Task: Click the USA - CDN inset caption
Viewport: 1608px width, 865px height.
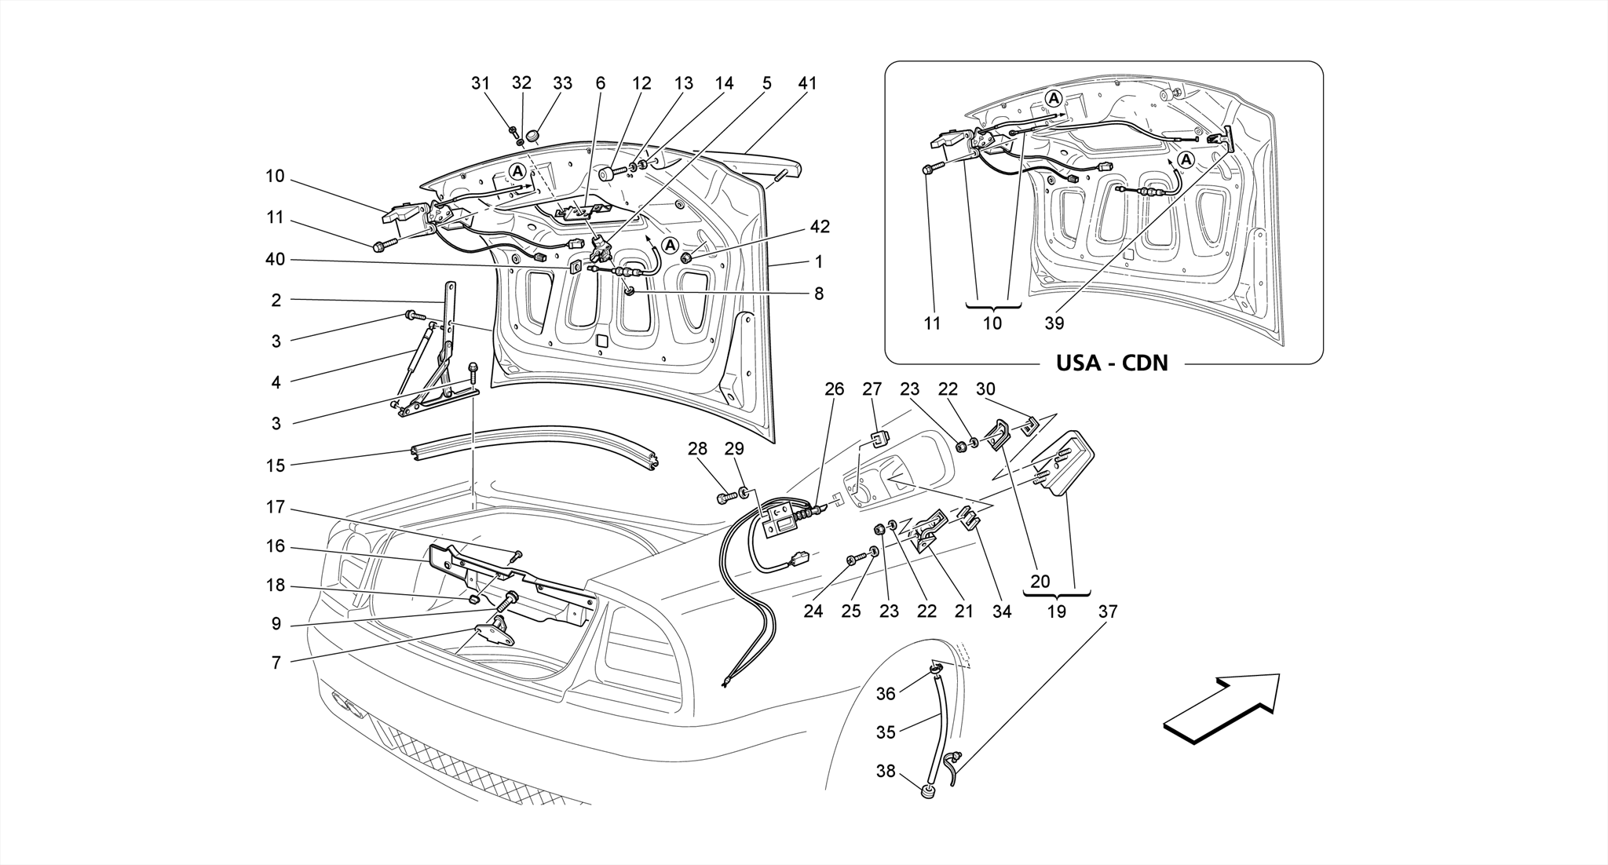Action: pos(1111,363)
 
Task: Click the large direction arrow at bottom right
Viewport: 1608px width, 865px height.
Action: pos(1221,706)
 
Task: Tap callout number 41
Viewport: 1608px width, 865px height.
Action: pos(807,83)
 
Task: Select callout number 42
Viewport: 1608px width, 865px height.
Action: pos(820,227)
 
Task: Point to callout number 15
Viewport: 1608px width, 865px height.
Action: pos(275,465)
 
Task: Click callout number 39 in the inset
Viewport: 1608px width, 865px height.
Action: pos(1054,323)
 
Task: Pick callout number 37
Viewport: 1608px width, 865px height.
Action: pos(1107,611)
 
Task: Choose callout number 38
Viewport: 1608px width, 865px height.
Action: pos(886,772)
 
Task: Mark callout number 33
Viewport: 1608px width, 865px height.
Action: pos(562,83)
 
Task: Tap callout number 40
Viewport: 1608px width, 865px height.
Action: pos(275,260)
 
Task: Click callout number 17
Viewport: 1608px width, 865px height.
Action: pos(275,508)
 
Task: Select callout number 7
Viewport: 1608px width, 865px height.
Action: pos(276,663)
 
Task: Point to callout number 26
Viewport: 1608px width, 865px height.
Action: pos(834,389)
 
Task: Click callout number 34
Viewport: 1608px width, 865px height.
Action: pos(1002,611)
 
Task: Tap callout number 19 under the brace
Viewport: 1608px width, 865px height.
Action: pos(1057,611)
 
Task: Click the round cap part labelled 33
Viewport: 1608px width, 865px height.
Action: pos(535,137)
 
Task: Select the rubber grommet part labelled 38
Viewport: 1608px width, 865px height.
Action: pos(930,791)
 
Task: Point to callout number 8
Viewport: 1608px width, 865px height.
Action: pos(819,294)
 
